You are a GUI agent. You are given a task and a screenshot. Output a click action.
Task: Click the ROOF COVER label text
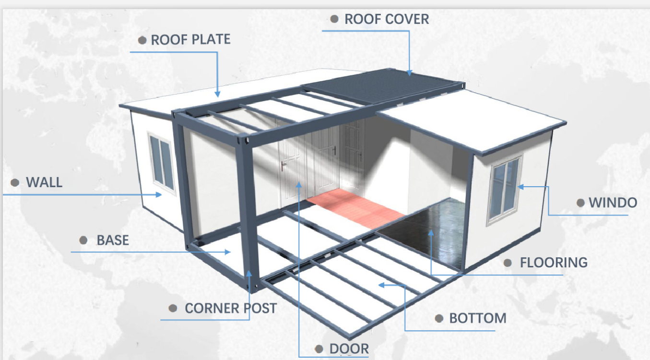pos(387,19)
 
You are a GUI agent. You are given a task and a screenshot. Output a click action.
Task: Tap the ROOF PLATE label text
pos(190,39)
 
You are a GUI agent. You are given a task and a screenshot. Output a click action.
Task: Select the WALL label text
pos(44,182)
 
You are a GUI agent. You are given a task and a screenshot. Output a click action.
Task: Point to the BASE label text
pos(113,240)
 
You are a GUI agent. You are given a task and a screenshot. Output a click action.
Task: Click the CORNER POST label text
pos(231,308)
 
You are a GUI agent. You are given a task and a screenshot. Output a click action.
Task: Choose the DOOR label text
pos(349,349)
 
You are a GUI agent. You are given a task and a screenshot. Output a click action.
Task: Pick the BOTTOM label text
pos(477,318)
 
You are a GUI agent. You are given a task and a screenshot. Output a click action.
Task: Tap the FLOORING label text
pos(554,263)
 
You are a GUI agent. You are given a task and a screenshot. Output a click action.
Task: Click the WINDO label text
pos(613,203)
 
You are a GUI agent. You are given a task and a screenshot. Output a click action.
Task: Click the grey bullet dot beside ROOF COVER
pos(334,19)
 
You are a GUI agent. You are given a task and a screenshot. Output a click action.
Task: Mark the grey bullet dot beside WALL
pos(15,182)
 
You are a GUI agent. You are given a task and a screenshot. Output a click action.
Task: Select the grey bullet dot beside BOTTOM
pos(438,318)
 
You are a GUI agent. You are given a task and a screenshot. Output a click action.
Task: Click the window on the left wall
pos(162,162)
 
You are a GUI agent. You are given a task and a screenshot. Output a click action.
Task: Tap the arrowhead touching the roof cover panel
pos(409,73)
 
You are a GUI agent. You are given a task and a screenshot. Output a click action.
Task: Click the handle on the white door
pos(284,166)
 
